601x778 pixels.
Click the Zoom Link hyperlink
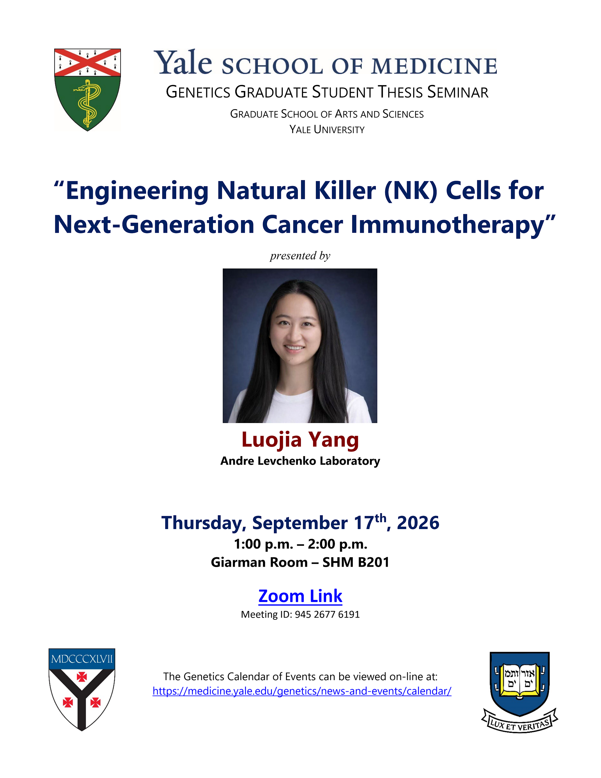tap(300, 596)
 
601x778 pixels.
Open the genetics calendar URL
tap(302, 691)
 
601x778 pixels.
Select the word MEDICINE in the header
tap(434, 66)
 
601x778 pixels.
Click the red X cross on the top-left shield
tap(87, 62)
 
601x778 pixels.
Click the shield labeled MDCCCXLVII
tap(82, 689)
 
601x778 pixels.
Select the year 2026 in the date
tap(418, 523)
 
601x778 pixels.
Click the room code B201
tap(374, 562)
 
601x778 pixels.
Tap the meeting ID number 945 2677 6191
tap(327, 615)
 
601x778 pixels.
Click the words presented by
tap(300, 256)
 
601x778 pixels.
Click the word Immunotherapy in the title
tap(447, 225)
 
